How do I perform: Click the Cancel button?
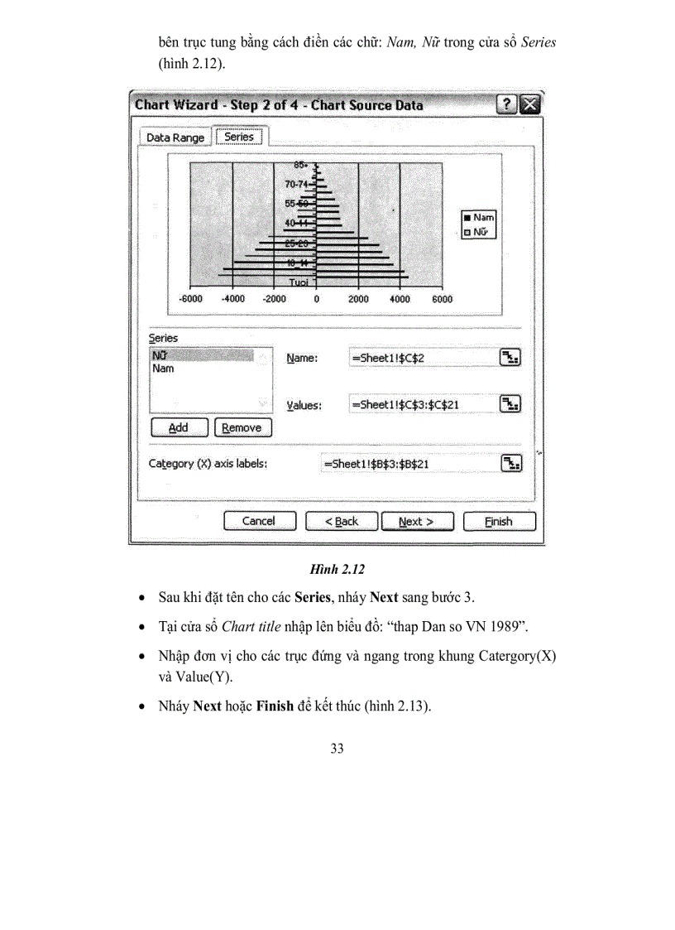258,521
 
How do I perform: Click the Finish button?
499,522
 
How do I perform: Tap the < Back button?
341,522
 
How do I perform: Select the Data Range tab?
175,137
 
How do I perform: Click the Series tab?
239,137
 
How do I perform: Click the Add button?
178,428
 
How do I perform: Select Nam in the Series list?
164,369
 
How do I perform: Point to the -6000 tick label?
191,300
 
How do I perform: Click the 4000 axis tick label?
400,300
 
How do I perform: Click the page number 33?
337,749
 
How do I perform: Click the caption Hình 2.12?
337,569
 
